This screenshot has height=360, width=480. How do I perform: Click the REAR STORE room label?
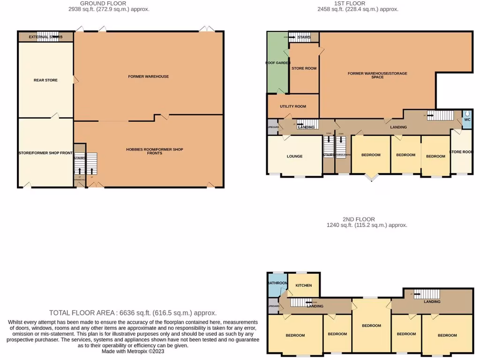(45, 80)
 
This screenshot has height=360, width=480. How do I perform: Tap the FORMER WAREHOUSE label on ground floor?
(148, 76)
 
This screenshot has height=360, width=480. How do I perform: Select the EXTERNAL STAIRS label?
(45, 37)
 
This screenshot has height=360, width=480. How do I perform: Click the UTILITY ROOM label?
(293, 106)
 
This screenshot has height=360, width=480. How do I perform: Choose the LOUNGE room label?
(295, 156)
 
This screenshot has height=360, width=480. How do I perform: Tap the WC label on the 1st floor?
(467, 119)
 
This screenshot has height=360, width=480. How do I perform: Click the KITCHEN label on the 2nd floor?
(304, 285)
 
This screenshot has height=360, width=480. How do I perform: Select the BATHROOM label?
(277, 283)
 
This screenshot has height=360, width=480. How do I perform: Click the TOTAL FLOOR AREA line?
(133, 313)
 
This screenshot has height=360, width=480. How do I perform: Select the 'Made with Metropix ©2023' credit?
(133, 351)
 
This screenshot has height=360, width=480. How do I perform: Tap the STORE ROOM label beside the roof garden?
(304, 68)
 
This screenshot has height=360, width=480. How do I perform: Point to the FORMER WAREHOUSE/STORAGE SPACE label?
(377, 75)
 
